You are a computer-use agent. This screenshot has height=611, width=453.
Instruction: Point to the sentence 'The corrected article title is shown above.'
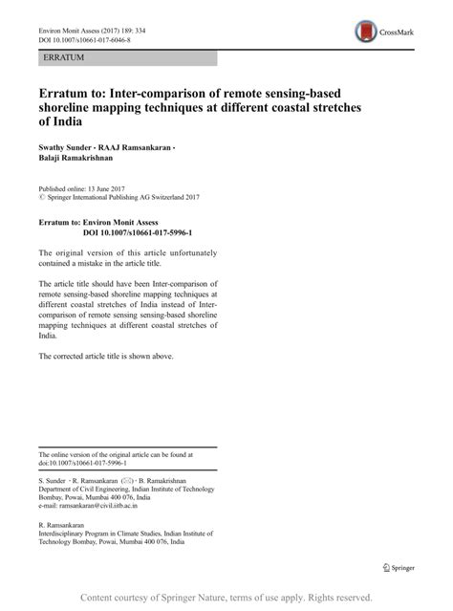pos(106,356)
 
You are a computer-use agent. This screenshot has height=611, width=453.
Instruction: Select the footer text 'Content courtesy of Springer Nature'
pos(164,596)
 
